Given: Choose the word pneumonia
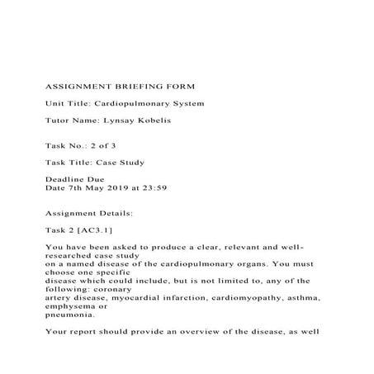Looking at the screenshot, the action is [x=73, y=314].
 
